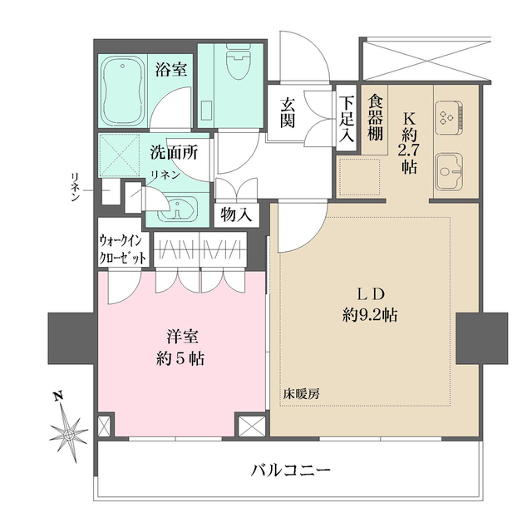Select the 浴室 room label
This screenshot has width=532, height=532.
click(171, 69)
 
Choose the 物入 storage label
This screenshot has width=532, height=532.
click(236, 214)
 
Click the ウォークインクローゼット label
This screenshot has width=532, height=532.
click(124, 249)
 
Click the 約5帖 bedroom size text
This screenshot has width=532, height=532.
click(180, 359)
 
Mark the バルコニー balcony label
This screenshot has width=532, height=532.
click(291, 470)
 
